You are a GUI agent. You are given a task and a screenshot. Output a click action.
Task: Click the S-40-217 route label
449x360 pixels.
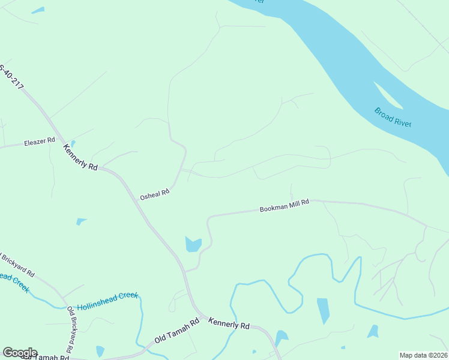11,77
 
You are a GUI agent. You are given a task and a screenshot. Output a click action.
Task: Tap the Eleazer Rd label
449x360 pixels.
39,142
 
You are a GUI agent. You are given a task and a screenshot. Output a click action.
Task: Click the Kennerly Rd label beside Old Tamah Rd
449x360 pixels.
229,324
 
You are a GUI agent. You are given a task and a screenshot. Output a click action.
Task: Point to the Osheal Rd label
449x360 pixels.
155,194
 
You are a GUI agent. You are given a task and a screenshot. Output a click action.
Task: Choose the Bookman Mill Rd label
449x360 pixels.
284,206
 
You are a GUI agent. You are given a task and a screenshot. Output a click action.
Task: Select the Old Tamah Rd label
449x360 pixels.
176,331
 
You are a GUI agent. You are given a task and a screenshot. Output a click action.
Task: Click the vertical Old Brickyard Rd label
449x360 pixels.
71,329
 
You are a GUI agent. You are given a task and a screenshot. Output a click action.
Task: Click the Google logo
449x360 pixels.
20,352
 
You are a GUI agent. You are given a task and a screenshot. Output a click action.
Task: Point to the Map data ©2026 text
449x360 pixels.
423,355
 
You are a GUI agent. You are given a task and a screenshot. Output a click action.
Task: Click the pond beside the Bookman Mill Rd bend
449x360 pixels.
193,244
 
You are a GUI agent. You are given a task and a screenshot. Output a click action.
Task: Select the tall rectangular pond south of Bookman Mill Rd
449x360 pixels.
323,310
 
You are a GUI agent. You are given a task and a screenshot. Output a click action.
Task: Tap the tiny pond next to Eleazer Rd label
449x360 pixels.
73,144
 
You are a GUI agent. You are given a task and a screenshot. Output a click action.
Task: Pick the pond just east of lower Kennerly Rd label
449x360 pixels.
280,336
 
